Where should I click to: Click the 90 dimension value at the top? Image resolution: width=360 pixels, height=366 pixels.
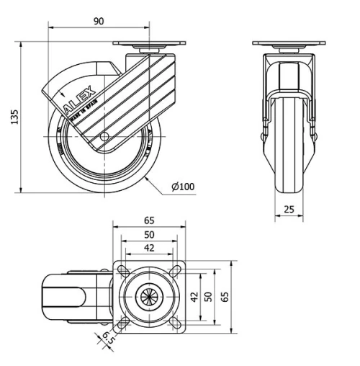(x=99, y=21)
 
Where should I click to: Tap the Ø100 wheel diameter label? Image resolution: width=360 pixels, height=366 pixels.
(x=183, y=187)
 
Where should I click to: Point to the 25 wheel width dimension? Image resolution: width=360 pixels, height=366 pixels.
(x=288, y=208)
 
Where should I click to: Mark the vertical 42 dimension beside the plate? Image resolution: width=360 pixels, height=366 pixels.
(x=193, y=296)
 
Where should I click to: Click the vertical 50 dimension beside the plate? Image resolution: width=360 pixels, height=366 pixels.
(x=208, y=296)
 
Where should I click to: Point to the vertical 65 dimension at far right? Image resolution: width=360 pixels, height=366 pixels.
(x=225, y=296)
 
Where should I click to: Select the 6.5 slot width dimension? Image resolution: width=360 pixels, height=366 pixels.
(x=105, y=338)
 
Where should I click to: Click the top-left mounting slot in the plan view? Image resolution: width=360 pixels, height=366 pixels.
(x=124, y=271)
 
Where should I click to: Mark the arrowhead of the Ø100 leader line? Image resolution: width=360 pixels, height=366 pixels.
(x=145, y=175)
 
